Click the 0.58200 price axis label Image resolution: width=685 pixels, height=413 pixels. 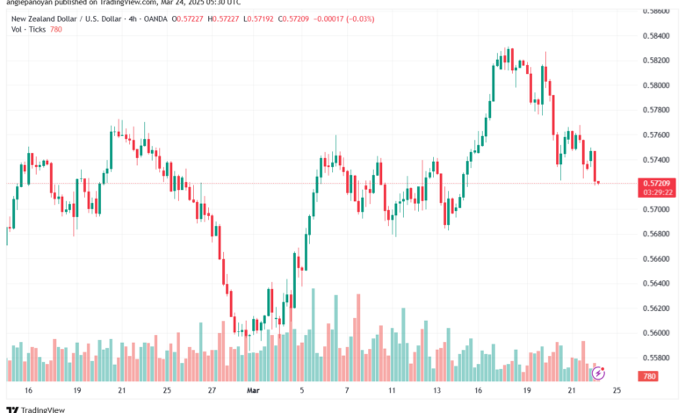coord(656,60)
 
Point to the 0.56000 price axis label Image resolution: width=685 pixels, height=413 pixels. coord(656,332)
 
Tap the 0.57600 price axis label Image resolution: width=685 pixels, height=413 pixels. coord(656,134)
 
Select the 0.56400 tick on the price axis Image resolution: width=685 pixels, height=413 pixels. coord(656,283)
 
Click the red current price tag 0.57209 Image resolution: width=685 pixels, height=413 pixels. coord(656,182)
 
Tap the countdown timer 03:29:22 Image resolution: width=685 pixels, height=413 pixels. coord(656,191)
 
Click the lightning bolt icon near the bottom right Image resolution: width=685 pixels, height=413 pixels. coord(598,373)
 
